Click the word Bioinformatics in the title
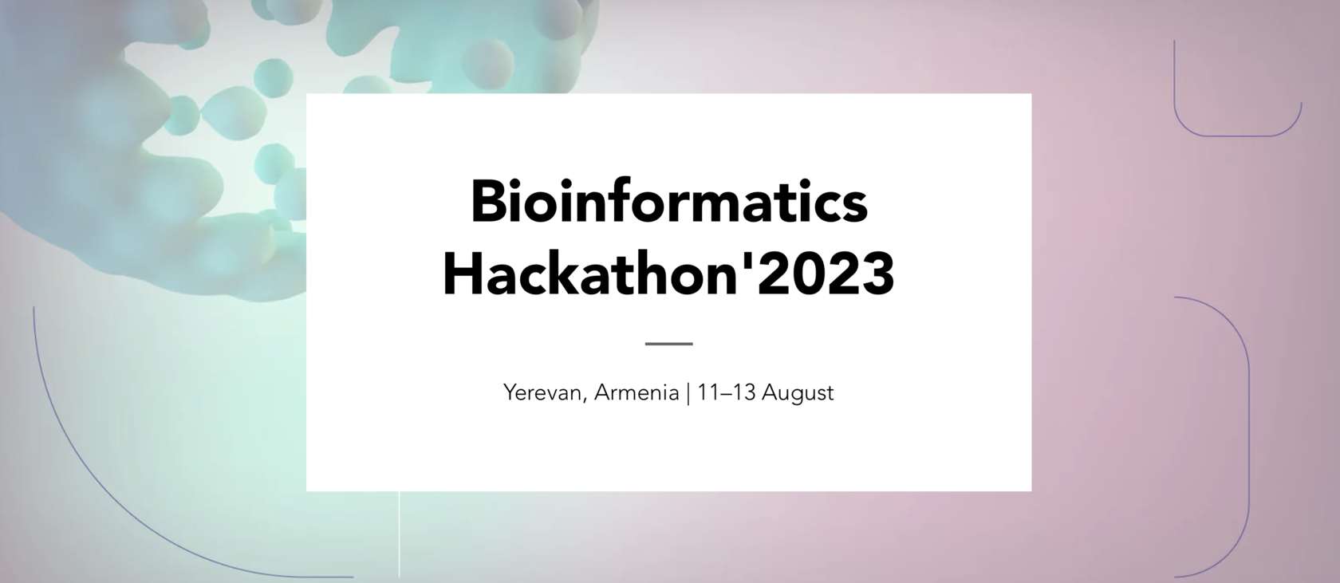[x=668, y=203]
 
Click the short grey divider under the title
[x=668, y=344]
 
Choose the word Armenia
[x=636, y=393]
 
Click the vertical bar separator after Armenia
[x=688, y=393]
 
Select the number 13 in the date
[x=743, y=393]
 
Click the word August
[x=798, y=393]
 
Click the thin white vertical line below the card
[x=399, y=534]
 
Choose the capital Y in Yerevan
[x=510, y=393]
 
